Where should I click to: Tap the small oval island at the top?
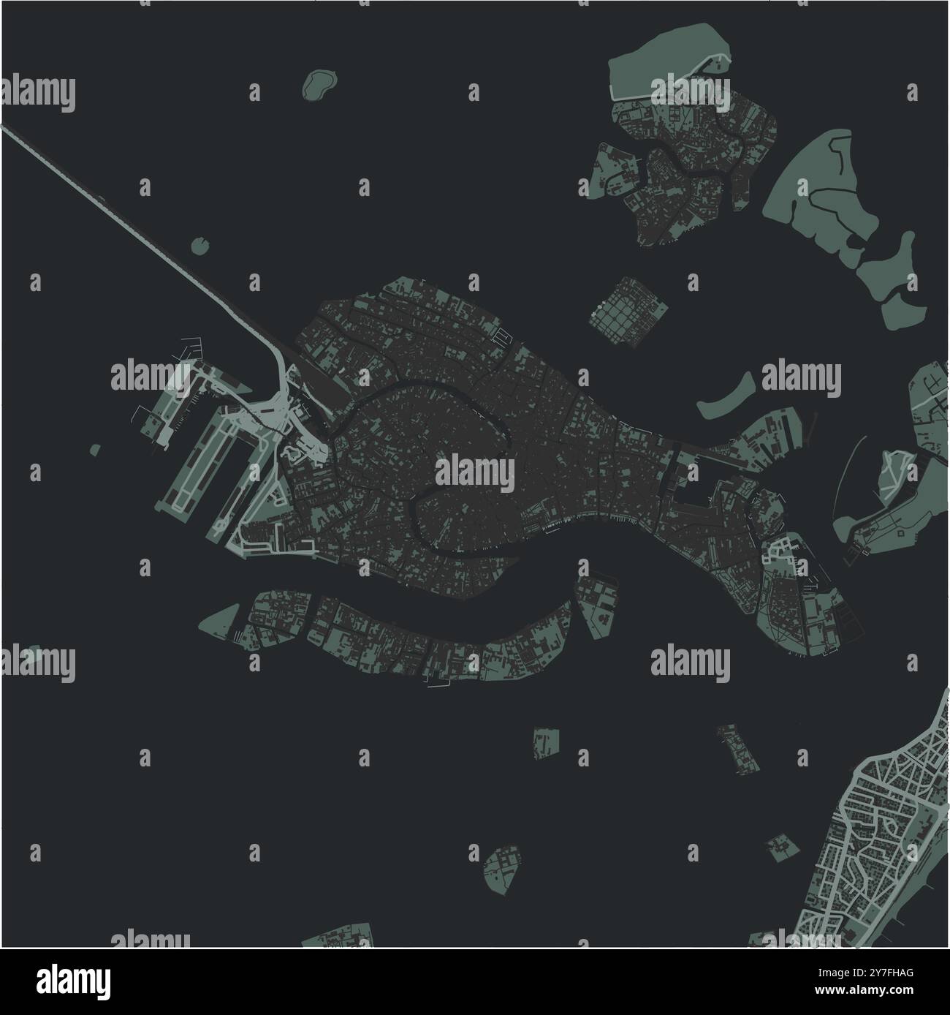coord(316,84)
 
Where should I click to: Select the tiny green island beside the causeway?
coord(199,246)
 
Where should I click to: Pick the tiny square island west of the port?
coord(94,449)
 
